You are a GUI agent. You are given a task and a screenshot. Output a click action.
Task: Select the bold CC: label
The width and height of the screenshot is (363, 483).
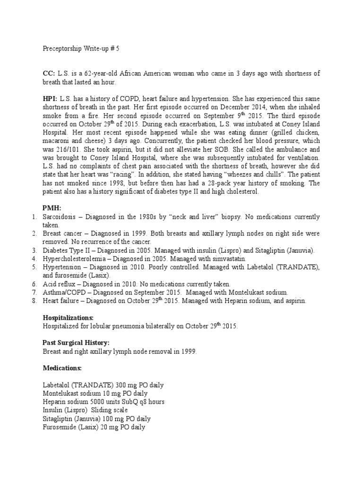point(49,73)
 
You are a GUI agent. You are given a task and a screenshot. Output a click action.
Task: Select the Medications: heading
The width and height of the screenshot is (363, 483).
point(62,367)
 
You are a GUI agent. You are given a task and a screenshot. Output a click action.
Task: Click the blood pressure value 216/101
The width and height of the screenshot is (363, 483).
point(55,149)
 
